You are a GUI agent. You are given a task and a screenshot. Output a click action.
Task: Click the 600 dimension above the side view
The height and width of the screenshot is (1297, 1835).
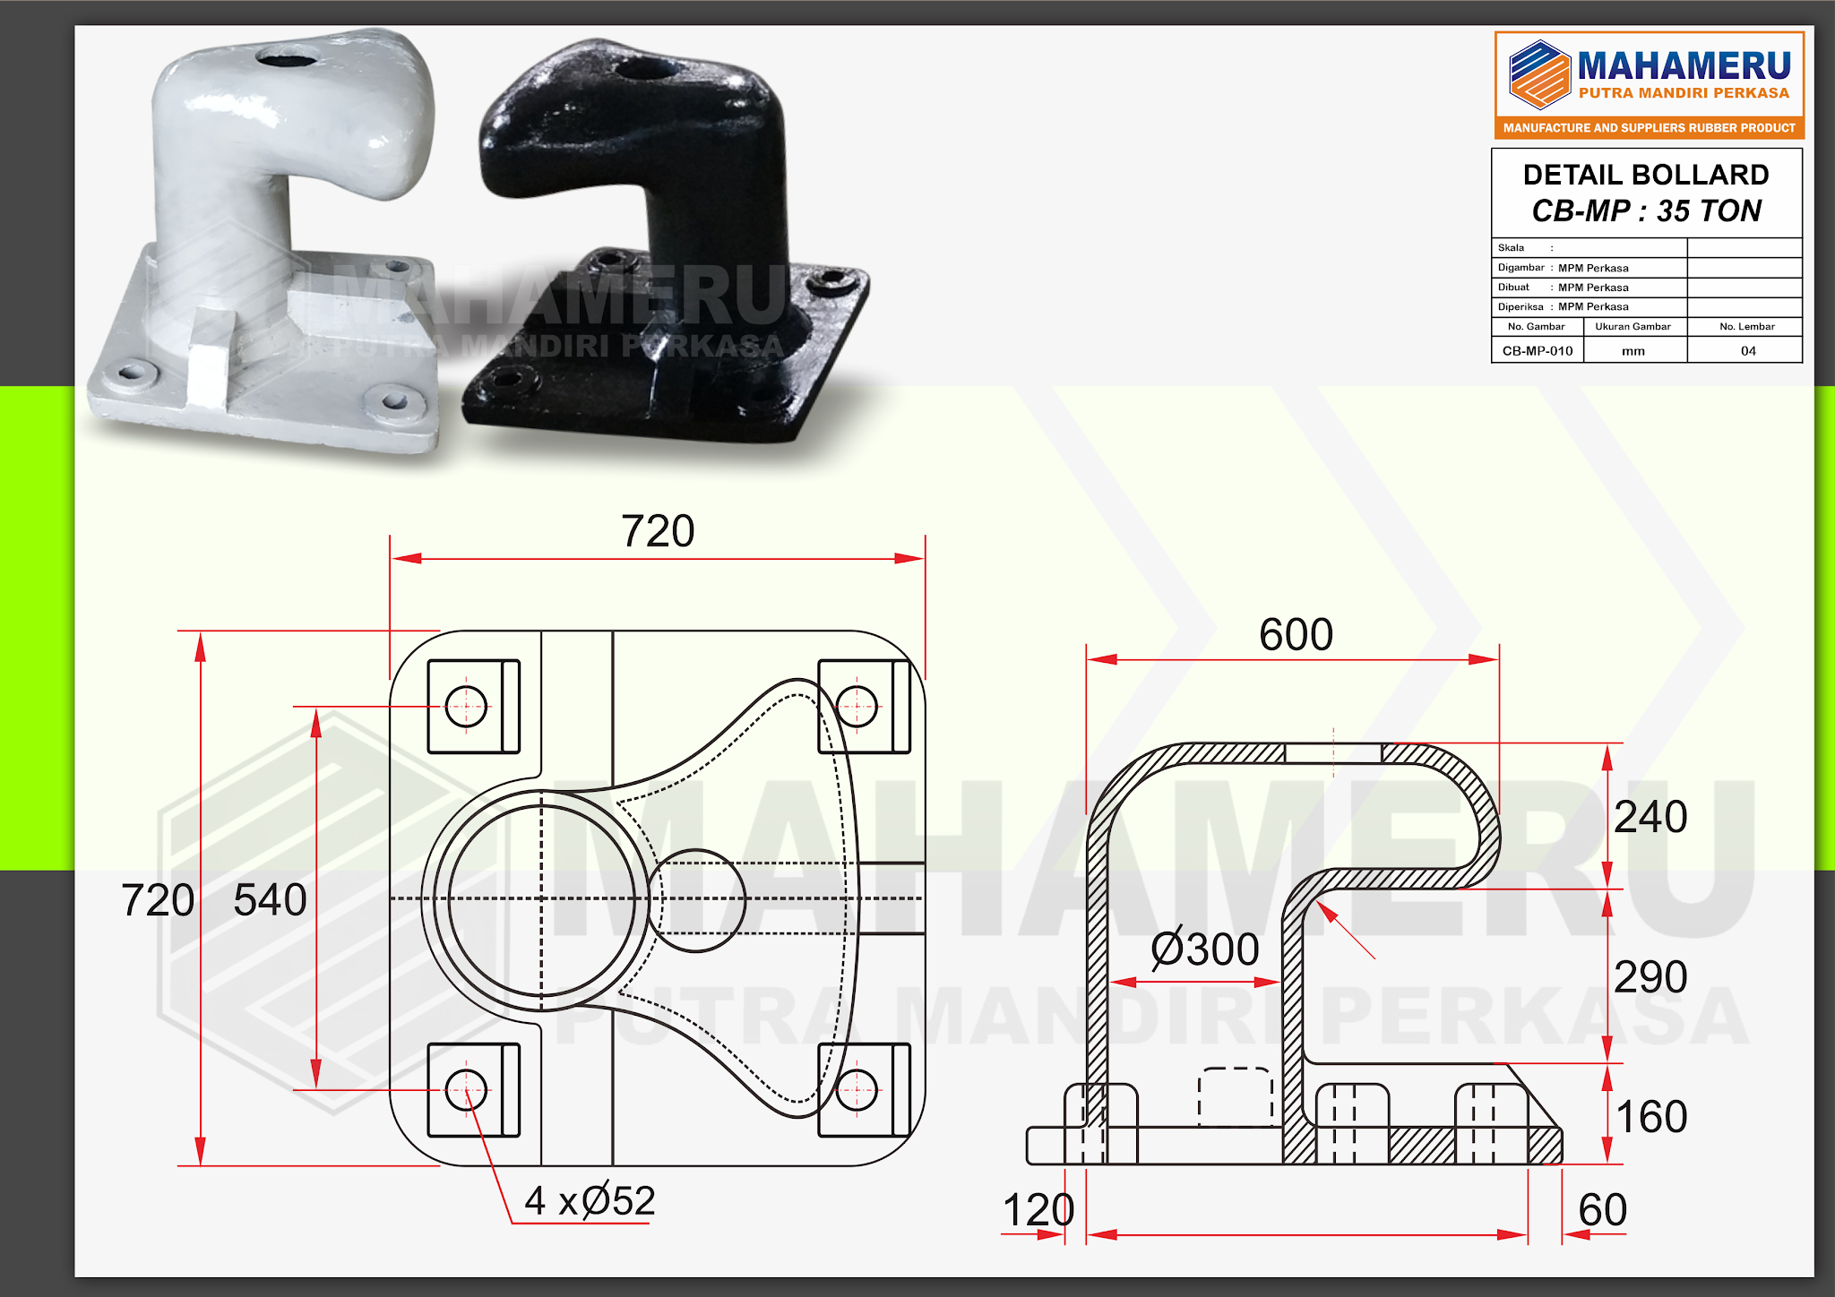click(1296, 635)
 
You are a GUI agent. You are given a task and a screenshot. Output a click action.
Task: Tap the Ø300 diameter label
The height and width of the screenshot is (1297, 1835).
click(1205, 949)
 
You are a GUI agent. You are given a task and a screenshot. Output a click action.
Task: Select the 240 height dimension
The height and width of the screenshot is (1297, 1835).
click(1650, 817)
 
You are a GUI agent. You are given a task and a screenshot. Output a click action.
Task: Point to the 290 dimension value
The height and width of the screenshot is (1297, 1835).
click(1650, 977)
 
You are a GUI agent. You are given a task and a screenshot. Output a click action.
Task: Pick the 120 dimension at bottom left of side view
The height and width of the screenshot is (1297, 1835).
click(1038, 1211)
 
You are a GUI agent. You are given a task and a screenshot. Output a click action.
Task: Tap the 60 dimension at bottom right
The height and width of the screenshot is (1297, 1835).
click(1602, 1210)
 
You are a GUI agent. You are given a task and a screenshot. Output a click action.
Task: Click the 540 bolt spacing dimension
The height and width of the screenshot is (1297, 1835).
click(270, 900)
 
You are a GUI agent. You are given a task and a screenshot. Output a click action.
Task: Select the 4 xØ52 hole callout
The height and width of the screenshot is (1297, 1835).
click(590, 1201)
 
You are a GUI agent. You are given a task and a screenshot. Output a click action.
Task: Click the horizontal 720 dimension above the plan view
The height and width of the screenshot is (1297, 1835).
click(658, 532)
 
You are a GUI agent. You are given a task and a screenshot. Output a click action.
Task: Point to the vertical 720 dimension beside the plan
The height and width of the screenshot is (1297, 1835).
click(158, 900)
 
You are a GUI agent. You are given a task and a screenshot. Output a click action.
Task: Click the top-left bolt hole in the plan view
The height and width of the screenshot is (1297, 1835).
click(466, 707)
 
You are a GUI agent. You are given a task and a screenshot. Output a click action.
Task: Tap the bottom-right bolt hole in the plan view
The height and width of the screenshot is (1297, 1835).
click(857, 1091)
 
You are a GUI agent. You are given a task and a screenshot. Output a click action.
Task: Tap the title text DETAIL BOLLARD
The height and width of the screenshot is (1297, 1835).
click(1646, 175)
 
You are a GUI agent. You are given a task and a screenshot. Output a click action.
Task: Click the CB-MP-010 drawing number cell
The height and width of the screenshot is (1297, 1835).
click(1538, 351)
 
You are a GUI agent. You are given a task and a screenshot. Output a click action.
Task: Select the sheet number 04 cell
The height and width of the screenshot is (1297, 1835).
click(1747, 351)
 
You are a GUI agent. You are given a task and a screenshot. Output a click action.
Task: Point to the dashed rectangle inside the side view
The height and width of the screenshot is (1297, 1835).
click(1236, 1096)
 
